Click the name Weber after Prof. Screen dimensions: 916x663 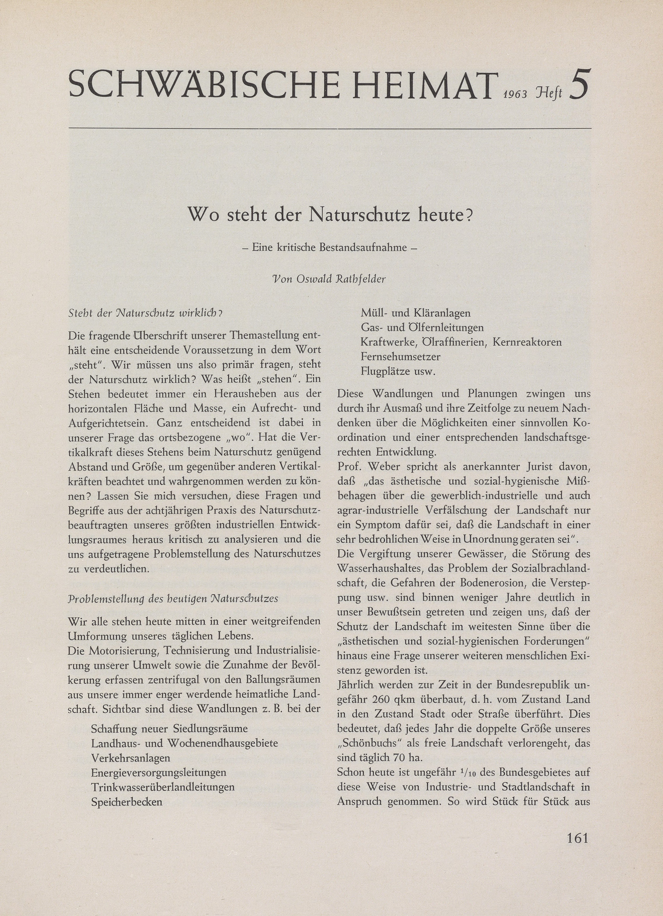click(387, 467)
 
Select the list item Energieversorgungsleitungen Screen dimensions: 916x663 click(158, 772)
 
